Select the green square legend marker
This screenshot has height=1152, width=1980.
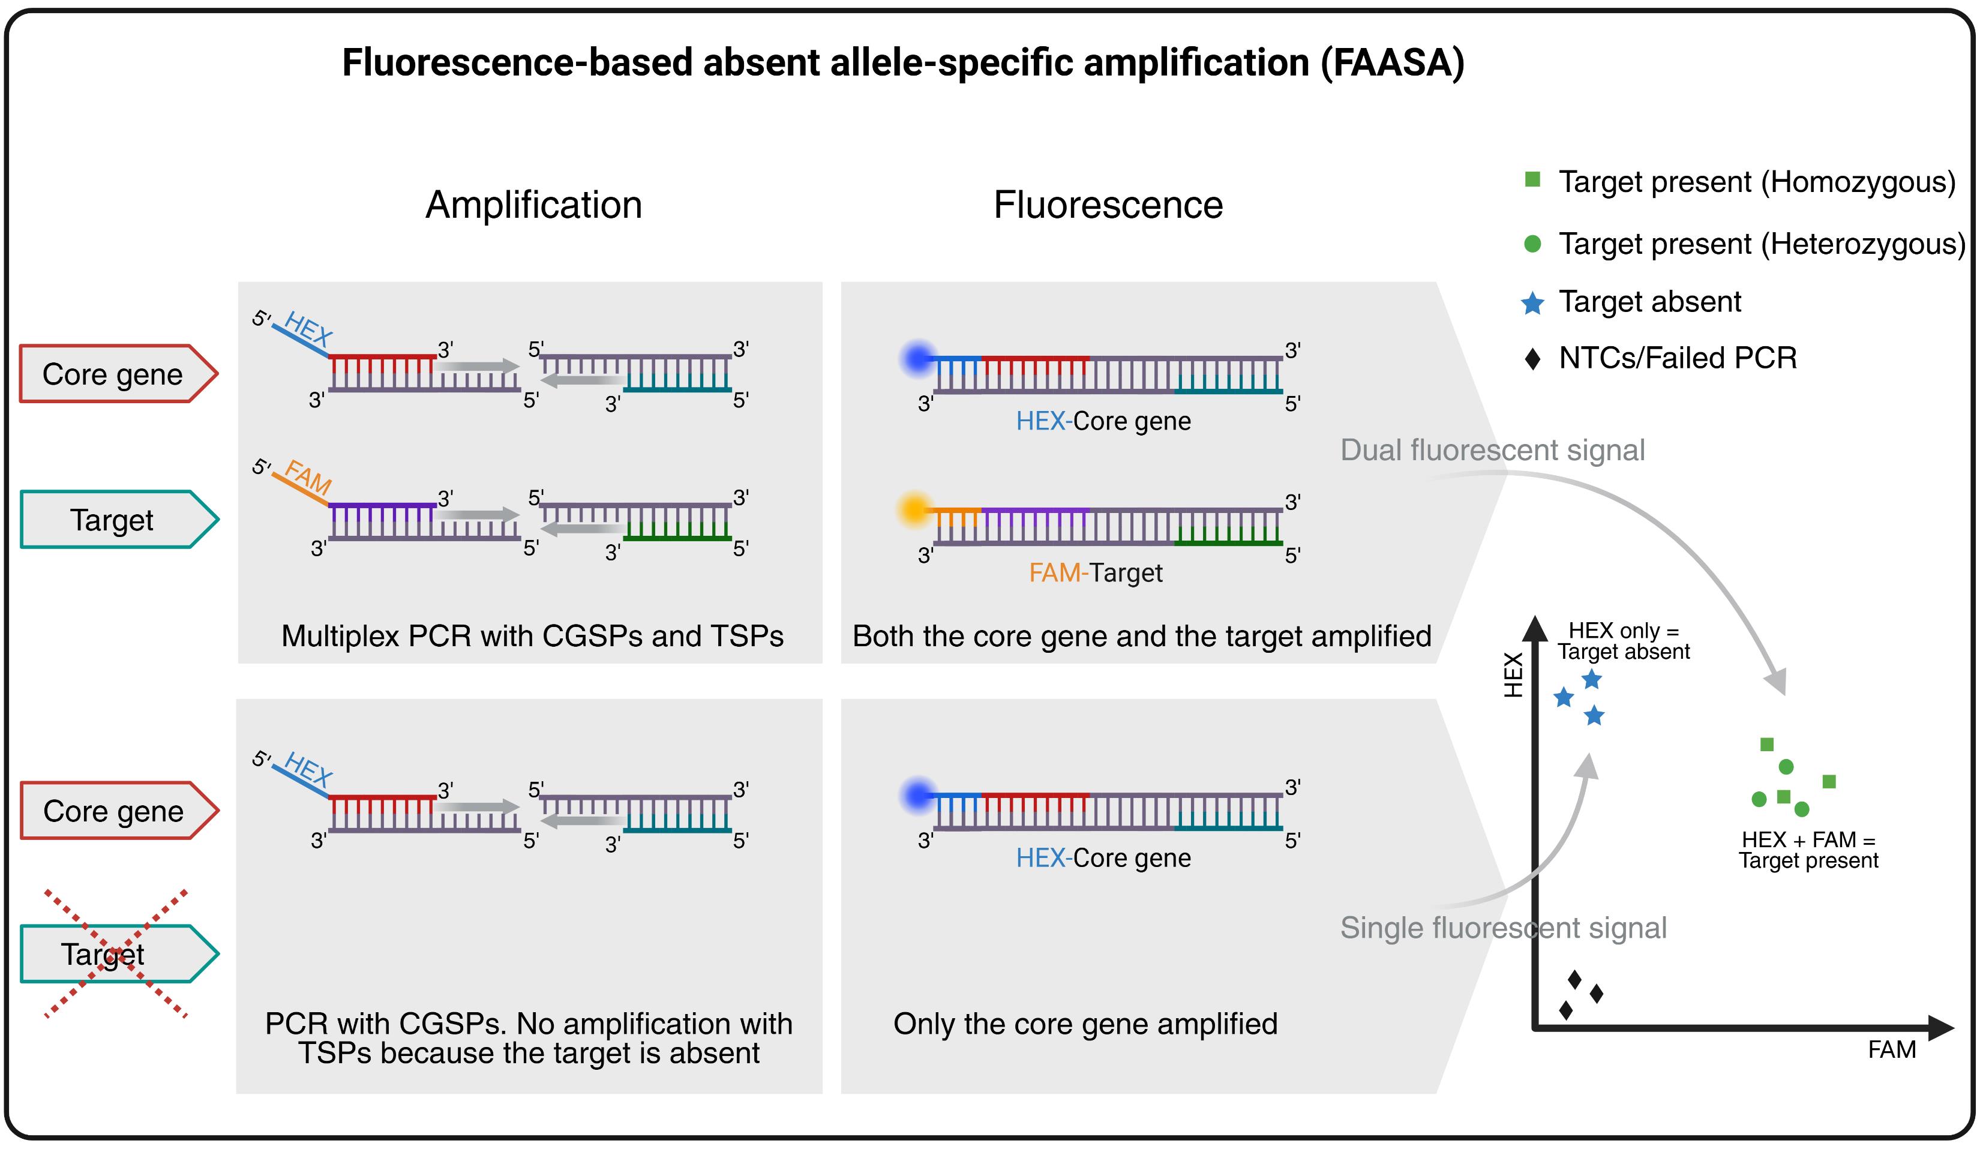1532,179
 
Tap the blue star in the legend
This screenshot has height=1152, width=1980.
1532,302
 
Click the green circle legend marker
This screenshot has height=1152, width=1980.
1532,244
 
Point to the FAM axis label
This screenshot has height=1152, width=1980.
1891,1050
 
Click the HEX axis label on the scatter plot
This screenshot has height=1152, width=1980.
1513,675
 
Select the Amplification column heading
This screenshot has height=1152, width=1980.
533,205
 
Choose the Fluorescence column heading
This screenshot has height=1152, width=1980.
1108,205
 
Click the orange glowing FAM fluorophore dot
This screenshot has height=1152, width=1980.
914,509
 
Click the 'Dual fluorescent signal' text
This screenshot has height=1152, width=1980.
1492,450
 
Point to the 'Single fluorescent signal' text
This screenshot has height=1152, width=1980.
1503,928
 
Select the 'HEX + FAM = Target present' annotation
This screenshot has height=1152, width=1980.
1808,850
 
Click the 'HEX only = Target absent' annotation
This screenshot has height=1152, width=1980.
1623,641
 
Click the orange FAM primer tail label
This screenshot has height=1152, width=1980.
308,476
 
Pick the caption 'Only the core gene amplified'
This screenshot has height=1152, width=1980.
1085,1024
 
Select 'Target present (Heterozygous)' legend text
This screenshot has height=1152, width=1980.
1762,244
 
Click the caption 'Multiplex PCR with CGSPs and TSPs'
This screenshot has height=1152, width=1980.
532,636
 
